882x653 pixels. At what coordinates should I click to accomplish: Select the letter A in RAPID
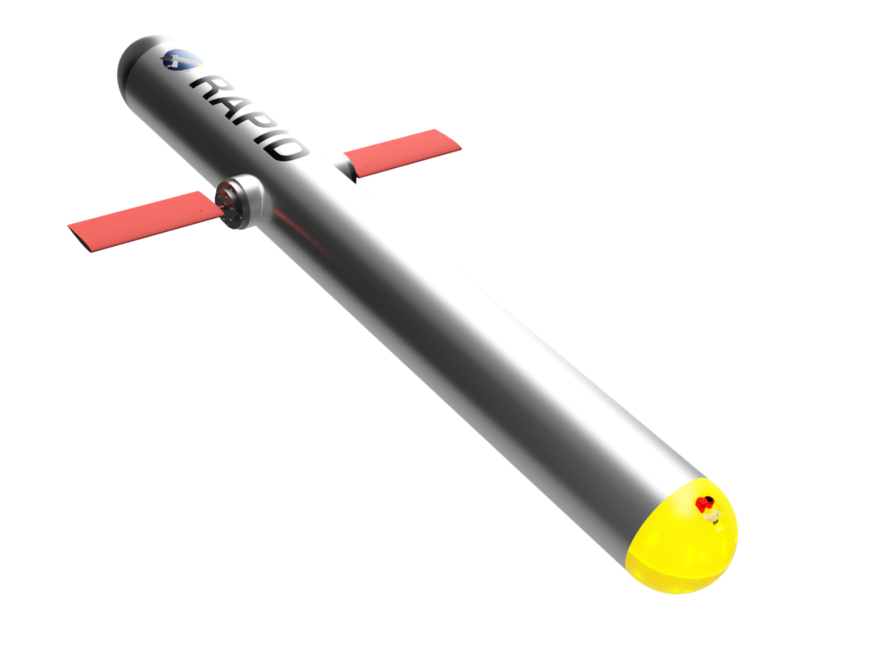coord(226,107)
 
